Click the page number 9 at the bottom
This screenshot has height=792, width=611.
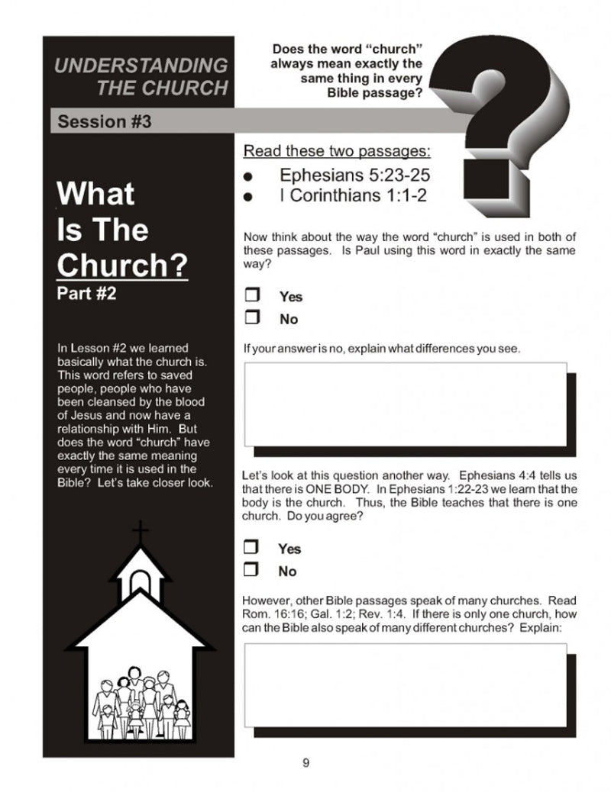tap(305, 764)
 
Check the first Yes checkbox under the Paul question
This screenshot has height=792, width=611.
tap(252, 295)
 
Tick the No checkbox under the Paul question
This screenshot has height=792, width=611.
tap(252, 317)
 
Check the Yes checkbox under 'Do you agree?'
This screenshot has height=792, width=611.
tap(251, 547)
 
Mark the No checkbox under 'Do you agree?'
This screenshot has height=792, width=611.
tap(251, 569)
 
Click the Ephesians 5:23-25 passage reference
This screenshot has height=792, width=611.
tap(360, 175)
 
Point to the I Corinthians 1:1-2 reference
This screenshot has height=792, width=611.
tap(353, 195)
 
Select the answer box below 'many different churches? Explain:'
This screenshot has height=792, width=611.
tap(405, 684)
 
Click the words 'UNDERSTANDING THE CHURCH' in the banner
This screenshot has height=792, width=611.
tap(141, 76)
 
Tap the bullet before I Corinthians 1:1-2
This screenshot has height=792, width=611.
tap(247, 197)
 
